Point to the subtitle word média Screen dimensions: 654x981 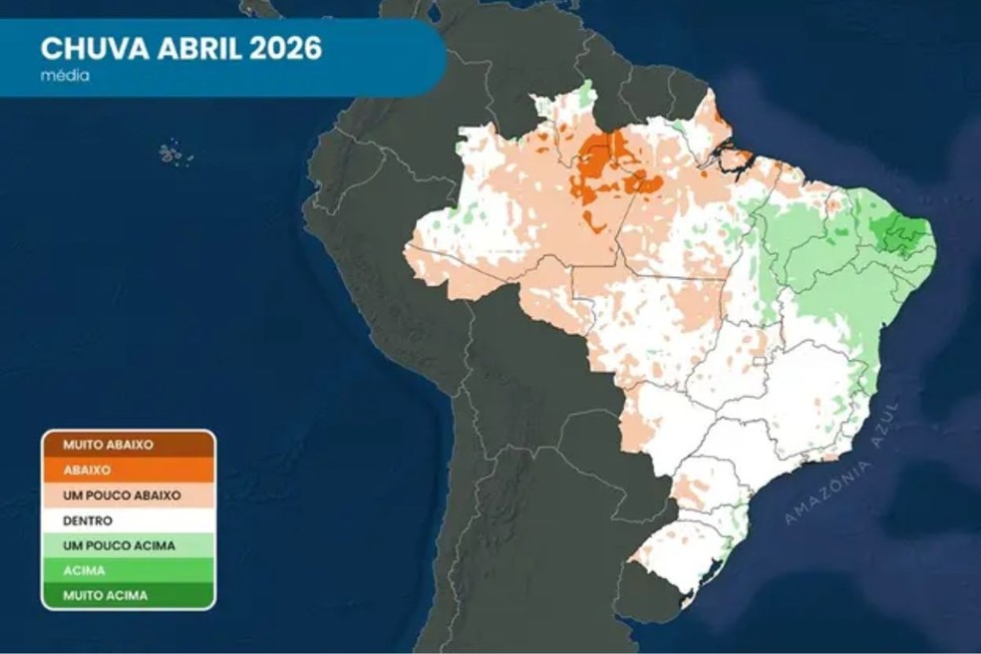click(65, 76)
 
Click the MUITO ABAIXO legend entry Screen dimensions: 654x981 click(128, 445)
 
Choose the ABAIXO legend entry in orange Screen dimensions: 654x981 click(128, 470)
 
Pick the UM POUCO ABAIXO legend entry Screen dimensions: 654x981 click(128, 495)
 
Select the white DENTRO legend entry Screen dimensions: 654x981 click(128, 520)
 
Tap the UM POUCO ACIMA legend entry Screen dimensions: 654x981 click(128, 545)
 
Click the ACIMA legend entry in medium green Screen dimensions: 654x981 click(128, 570)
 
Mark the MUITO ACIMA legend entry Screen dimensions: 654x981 click(128, 595)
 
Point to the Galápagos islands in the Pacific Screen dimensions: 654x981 click(173, 155)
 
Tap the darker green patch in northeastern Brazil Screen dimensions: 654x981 click(903, 237)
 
